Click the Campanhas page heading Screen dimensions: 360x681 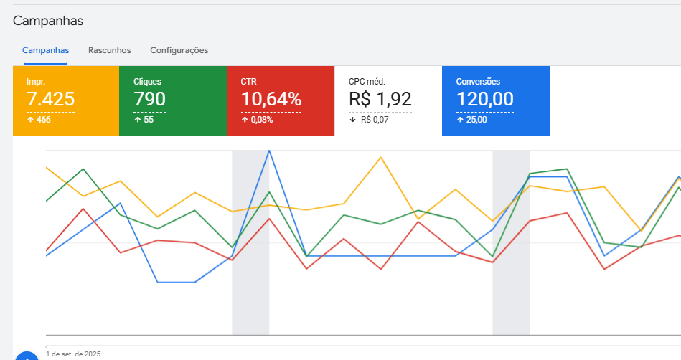pos(48,21)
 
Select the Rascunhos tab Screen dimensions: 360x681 pos(109,50)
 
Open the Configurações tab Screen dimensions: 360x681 pos(179,50)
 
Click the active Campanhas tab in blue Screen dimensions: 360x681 pos(45,50)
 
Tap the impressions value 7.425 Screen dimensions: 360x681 pos(50,99)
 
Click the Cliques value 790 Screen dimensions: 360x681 pos(149,99)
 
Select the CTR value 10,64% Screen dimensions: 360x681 pos(271,99)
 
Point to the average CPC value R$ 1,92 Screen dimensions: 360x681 pos(380,99)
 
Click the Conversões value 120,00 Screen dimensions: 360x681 pos(484,99)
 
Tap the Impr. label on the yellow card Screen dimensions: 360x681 pos(36,82)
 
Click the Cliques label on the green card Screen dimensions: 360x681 pos(147,82)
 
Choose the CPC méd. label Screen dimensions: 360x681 pos(367,82)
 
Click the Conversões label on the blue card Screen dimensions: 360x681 pos(478,82)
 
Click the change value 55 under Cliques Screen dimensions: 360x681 pos(149,120)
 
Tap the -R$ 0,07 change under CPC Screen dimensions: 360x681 pos(373,120)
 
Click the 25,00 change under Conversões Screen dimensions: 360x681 pos(475,120)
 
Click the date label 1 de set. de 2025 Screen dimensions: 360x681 pos(73,354)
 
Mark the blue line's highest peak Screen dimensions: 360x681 pos(269,151)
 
